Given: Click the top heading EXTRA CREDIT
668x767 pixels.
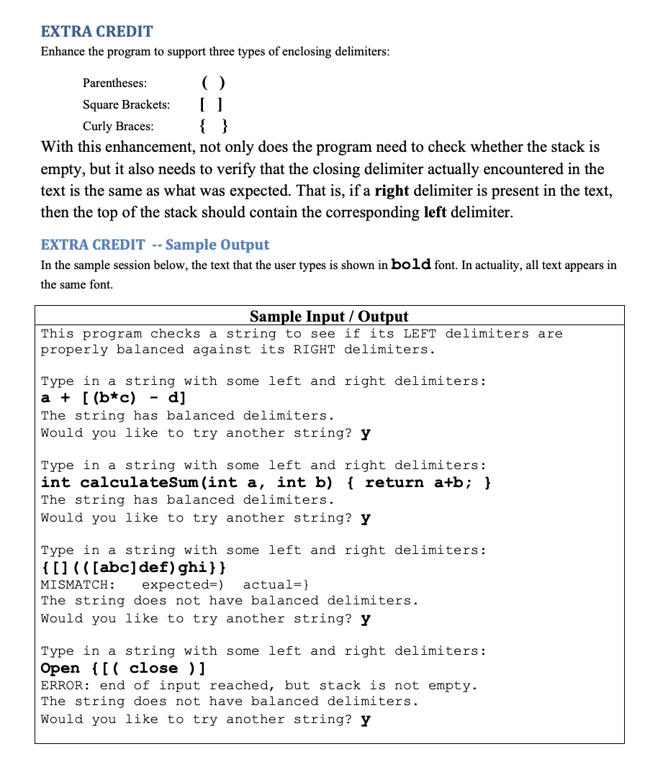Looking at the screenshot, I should tap(96, 32).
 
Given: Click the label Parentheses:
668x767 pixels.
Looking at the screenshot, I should tap(114, 83).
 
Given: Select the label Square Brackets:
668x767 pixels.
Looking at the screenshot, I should tap(126, 105).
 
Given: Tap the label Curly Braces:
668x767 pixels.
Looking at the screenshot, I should tap(117, 127).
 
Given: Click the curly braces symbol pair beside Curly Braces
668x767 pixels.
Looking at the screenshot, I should tap(214, 127).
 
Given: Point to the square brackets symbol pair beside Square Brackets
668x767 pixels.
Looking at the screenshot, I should tap(214, 105).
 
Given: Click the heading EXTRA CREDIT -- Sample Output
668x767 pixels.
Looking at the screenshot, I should tap(155, 245).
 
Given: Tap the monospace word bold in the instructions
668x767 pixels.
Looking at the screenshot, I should tap(411, 265).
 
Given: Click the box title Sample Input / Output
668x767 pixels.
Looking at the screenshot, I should tap(328, 317).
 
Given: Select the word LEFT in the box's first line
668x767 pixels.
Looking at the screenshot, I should tap(420, 334).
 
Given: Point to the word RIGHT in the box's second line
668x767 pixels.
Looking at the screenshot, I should tap(314, 350).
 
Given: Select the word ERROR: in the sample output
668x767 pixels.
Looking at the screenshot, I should tap(66, 686).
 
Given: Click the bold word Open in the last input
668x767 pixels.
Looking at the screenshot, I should tap(60, 668).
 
